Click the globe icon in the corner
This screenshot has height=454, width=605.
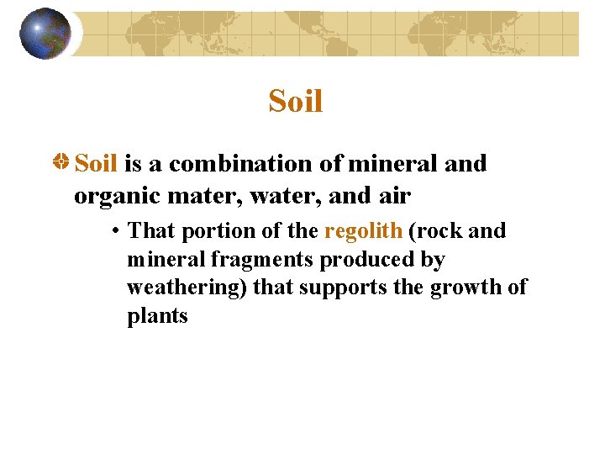click(x=45, y=34)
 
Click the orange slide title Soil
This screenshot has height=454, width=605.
click(x=296, y=102)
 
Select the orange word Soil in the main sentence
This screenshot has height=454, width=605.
click(x=96, y=163)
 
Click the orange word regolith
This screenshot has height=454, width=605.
click(x=363, y=230)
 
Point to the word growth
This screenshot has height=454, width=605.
click(x=465, y=288)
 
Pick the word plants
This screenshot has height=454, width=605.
click(x=157, y=316)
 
